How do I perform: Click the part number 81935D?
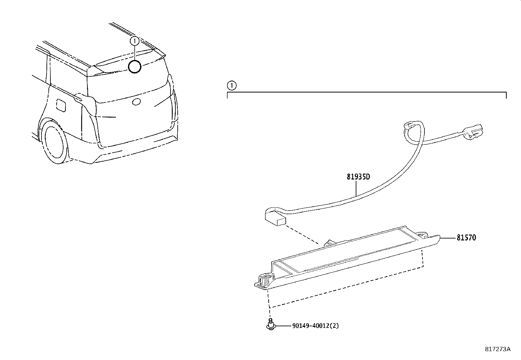(x=358, y=177)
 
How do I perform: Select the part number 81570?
(x=466, y=237)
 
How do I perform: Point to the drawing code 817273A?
(x=497, y=349)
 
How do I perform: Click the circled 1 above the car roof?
(x=135, y=41)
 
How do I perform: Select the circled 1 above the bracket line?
(x=231, y=86)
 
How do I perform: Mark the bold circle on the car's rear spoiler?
(x=135, y=67)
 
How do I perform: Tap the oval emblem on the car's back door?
(x=136, y=103)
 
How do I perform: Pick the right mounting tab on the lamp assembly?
(x=422, y=235)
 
